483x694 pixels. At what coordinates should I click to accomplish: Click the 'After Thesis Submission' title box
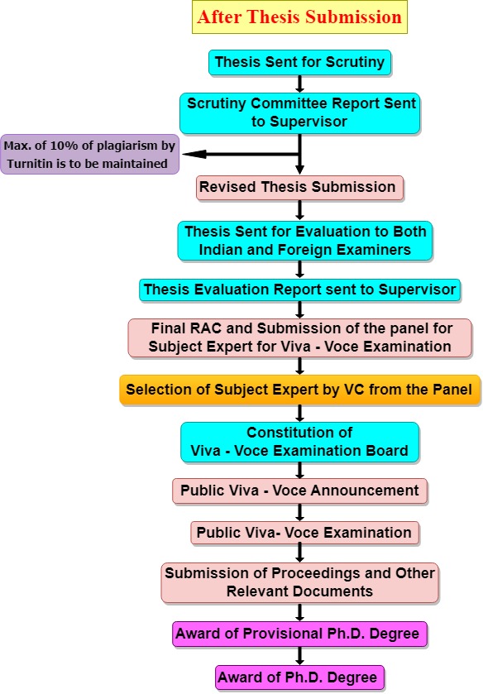point(299,17)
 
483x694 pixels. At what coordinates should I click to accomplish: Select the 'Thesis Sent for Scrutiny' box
point(299,62)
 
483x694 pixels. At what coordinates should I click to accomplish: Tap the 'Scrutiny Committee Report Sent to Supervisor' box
point(299,113)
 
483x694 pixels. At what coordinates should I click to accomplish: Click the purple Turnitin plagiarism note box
point(89,154)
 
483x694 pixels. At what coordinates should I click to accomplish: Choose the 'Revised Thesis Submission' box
point(299,188)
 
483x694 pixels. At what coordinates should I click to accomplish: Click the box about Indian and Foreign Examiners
point(304,241)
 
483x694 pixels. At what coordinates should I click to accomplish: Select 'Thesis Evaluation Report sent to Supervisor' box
point(299,290)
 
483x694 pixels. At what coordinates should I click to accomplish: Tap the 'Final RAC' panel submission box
point(299,337)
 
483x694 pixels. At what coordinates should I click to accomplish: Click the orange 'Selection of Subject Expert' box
point(299,390)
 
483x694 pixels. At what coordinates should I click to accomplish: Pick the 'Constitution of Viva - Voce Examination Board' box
point(299,443)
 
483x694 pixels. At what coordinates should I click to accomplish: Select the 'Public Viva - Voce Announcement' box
point(299,491)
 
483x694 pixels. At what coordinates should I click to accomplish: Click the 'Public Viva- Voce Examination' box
point(304,533)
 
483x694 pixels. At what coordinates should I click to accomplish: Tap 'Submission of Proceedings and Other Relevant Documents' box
point(299,583)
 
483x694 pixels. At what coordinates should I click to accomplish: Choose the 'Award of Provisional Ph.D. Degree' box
point(299,634)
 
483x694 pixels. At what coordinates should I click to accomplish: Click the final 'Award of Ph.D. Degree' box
point(299,678)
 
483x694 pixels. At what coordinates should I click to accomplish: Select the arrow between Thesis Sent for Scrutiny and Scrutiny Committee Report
point(299,84)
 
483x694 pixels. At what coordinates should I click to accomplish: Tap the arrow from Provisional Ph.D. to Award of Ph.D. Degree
point(299,656)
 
